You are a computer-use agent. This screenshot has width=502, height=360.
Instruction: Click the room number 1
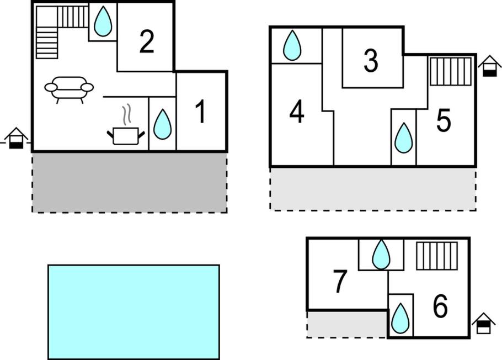coord(201,111)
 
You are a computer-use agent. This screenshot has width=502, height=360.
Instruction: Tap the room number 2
coord(147,41)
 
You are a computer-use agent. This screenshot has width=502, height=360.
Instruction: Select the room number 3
coord(371,61)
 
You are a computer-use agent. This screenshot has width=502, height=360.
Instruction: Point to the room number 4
coord(296,112)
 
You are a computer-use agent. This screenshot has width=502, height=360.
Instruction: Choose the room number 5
coord(444,120)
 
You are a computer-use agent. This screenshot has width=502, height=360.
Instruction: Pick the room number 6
coord(440,306)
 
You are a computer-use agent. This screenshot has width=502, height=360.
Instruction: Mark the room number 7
coord(340,281)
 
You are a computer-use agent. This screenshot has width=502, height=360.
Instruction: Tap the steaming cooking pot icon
coord(126,125)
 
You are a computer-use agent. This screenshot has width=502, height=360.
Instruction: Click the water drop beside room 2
coord(103,21)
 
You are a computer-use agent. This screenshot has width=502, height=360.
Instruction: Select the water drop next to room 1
coord(162,124)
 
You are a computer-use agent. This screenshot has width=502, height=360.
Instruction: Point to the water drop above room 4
coord(292,45)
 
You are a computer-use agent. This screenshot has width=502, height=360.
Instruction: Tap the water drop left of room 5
coord(403,138)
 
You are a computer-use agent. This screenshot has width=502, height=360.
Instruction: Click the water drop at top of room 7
coord(381,255)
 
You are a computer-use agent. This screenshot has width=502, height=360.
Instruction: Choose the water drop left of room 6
coord(400,319)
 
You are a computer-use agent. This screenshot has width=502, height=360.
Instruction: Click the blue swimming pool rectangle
coord(134,312)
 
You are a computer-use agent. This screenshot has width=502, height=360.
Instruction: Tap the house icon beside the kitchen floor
coord(16,139)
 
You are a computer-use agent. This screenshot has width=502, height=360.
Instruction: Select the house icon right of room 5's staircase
coord(489,66)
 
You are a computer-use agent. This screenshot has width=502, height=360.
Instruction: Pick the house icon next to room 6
coord(483,324)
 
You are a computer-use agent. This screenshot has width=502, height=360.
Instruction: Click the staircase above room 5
coord(451,71)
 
